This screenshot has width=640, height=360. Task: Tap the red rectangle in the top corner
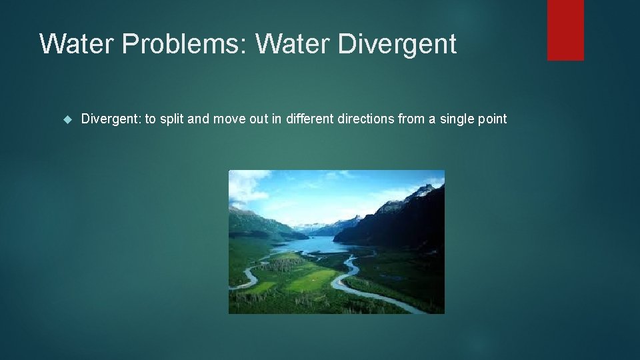[565, 30]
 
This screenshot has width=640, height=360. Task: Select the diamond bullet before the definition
[66, 119]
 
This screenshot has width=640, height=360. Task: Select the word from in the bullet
[413, 119]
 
